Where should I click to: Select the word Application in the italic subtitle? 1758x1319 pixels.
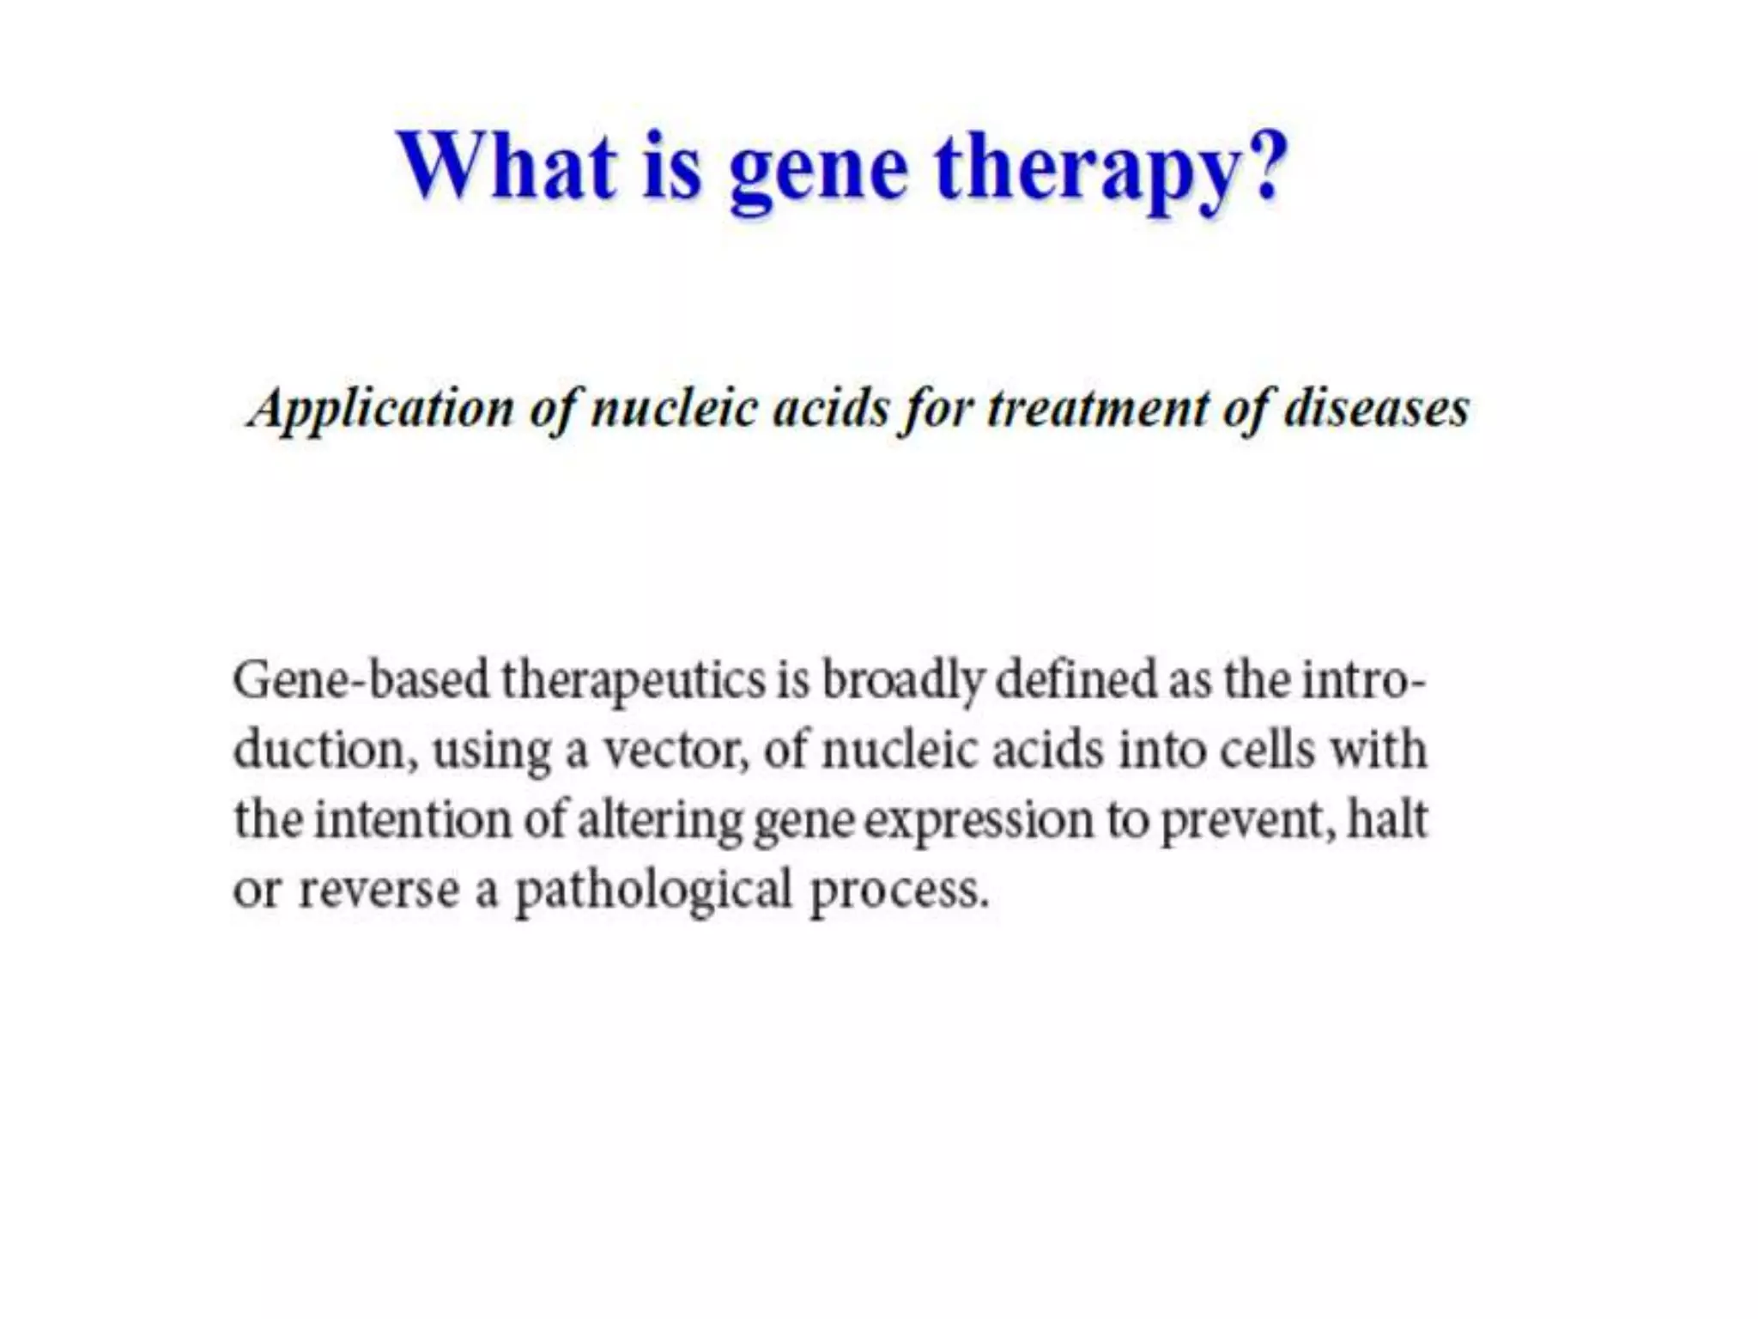[380, 409]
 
